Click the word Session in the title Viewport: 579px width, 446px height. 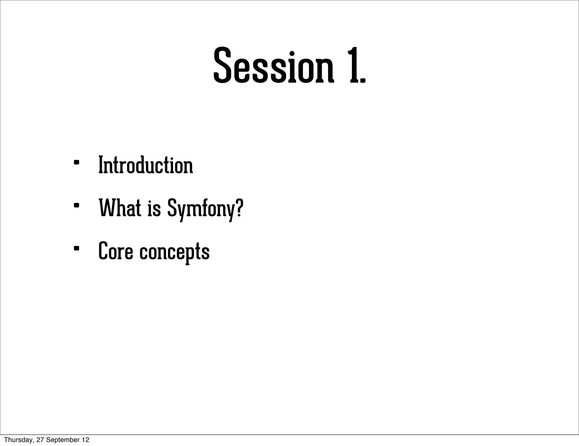tap(273, 65)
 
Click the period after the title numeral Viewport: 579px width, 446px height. tap(363, 81)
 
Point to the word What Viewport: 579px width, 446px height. tap(120, 208)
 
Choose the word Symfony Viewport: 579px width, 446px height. tap(201, 209)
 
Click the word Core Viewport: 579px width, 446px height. tap(115, 251)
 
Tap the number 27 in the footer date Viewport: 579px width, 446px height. tap(40, 440)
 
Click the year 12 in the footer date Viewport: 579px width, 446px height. tap(85, 440)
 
